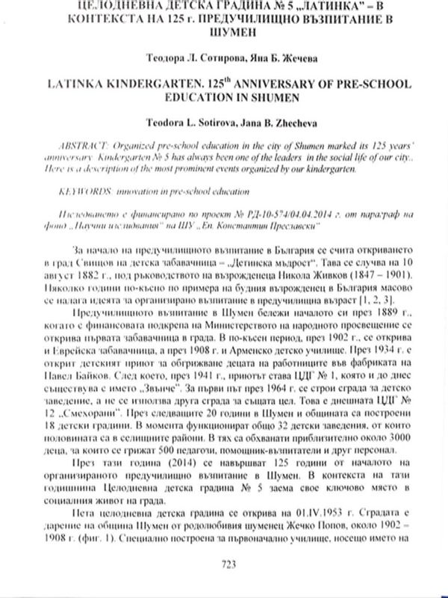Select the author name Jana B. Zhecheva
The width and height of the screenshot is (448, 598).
coord(283,117)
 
